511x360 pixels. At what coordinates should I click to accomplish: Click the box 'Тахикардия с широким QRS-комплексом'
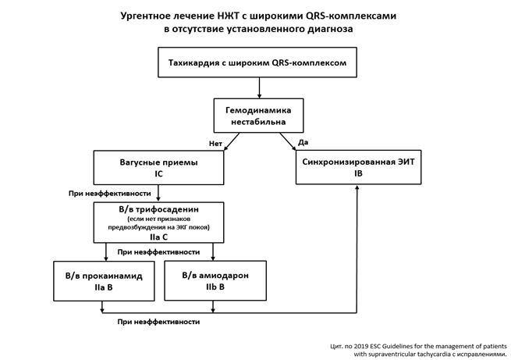pyautogui.click(x=257, y=62)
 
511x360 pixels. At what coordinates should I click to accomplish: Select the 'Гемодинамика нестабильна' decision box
pyautogui.click(x=258, y=116)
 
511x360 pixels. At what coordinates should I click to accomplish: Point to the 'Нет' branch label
pyautogui.click(x=215, y=144)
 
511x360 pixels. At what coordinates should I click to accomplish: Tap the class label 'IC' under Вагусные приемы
pyautogui.click(x=158, y=174)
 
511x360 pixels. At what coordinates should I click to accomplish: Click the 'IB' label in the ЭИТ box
pyautogui.click(x=358, y=174)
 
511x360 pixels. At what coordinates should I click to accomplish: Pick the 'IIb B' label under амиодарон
pyautogui.click(x=215, y=287)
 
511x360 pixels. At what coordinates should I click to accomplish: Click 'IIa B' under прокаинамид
pyautogui.click(x=104, y=288)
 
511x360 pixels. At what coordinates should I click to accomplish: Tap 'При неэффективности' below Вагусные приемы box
pyautogui.click(x=110, y=193)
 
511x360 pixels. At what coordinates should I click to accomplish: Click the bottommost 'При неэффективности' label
pyautogui.click(x=158, y=321)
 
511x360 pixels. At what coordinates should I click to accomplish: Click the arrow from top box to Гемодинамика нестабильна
pyautogui.click(x=258, y=87)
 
